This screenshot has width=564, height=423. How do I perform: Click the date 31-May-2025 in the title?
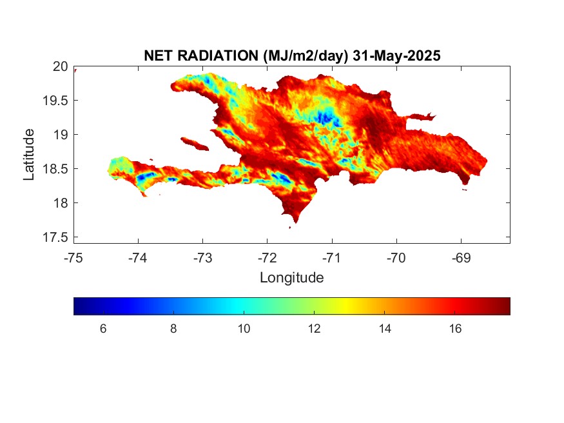point(396,55)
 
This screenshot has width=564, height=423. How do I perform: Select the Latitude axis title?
point(29,155)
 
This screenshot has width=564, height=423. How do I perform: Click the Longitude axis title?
point(292,278)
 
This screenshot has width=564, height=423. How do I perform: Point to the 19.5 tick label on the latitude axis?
point(55,101)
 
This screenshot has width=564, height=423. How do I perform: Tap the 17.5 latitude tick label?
point(55,237)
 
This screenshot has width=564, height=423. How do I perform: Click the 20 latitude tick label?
point(60,66)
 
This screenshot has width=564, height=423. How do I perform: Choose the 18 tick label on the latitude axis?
point(61,203)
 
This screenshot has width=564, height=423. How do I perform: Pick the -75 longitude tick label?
point(73,258)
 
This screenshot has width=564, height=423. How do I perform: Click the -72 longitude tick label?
point(267,258)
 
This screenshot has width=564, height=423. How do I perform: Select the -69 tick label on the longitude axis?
point(461,258)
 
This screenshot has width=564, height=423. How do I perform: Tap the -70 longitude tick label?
point(396,258)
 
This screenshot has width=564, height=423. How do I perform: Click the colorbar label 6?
point(103,329)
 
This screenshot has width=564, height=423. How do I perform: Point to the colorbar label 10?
point(244,329)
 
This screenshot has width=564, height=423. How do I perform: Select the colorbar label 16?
point(455,329)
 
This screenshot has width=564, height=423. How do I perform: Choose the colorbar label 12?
point(314,329)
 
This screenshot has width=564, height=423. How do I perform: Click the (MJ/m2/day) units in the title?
point(306,56)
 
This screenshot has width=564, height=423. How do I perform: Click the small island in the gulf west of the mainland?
point(195,144)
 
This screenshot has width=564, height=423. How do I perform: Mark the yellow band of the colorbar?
point(346,306)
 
